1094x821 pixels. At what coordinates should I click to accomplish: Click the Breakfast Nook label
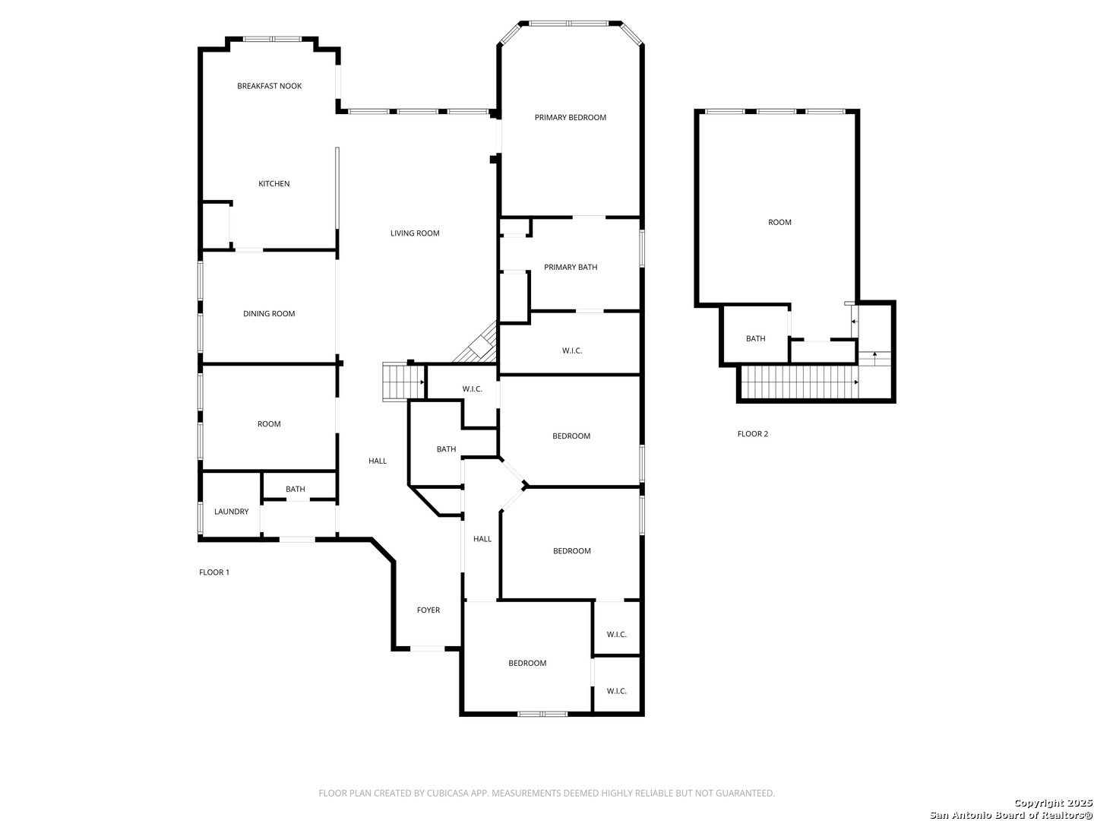(x=269, y=86)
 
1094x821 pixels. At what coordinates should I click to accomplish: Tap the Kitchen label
(x=273, y=184)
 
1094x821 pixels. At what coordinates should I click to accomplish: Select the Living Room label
(x=415, y=233)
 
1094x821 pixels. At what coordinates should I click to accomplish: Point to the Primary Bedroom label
(x=570, y=118)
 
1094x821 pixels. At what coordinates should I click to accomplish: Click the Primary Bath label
(x=571, y=267)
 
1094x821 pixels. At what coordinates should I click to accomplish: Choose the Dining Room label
(x=269, y=314)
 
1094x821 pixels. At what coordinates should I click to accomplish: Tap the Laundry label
(x=231, y=512)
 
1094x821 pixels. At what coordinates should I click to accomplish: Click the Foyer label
(x=428, y=610)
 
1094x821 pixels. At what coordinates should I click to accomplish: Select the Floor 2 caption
(x=752, y=434)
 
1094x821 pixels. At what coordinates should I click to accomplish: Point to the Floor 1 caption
(x=213, y=572)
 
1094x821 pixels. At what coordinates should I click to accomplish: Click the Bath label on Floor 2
(x=755, y=339)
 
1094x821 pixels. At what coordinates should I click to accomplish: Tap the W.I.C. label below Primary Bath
(x=572, y=350)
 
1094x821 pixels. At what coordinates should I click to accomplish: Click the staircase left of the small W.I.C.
(x=403, y=381)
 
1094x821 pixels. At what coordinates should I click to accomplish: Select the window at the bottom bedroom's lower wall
(x=542, y=714)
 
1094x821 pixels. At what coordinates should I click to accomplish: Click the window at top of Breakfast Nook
(x=273, y=39)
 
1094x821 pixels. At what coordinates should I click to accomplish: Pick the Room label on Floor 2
(x=779, y=223)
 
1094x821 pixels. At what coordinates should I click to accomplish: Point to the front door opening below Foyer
(x=428, y=648)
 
